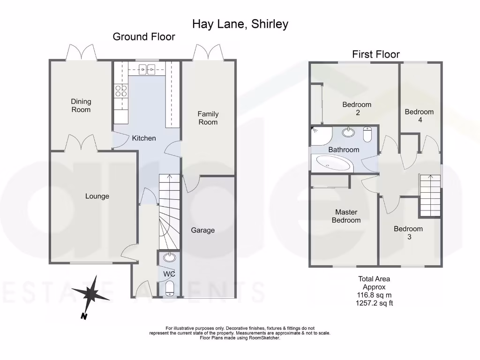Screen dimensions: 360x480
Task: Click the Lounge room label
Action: pos(97,196)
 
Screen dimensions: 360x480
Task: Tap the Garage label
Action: pos(202,230)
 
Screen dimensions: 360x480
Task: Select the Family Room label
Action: pos(208,118)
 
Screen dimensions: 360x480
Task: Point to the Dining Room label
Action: pos(81,105)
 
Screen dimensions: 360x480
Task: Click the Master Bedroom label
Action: pos(346,216)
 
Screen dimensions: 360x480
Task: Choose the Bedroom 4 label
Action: pos(419,116)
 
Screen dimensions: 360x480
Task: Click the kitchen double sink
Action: pos(148,70)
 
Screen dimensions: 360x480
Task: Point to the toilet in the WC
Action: pos(170,288)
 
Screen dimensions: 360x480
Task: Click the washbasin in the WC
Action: pos(169,257)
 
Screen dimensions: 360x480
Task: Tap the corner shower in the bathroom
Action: pos(321,135)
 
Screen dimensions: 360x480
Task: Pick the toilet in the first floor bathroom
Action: pos(368,135)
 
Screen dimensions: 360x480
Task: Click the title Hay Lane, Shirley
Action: pos(240,24)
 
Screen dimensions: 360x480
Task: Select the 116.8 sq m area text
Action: pos(374,296)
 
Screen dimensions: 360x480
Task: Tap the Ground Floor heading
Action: pos(144,37)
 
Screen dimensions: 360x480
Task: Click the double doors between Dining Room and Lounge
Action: pos(81,143)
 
